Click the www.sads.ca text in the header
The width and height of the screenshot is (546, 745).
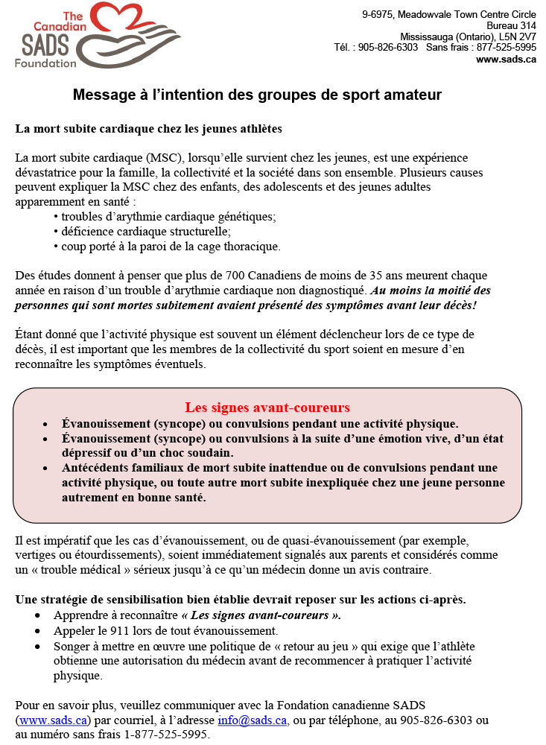coord(506,60)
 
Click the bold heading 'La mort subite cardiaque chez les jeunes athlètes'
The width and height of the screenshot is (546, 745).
coord(148,128)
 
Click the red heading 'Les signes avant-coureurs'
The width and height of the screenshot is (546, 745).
coord(267,408)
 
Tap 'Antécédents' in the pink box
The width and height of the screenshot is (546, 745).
coord(96,468)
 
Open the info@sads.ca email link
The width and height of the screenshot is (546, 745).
coord(252,720)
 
